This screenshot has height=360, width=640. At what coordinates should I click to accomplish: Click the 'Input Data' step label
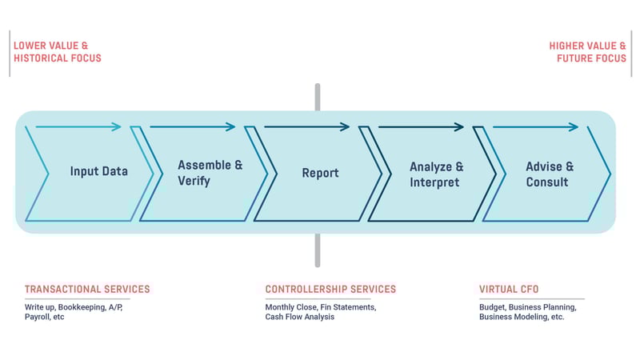(x=98, y=172)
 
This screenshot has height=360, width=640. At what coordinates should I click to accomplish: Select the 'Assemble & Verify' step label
(x=210, y=173)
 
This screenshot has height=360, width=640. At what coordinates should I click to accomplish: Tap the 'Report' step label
(x=320, y=173)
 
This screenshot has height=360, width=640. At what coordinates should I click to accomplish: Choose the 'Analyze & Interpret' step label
(x=436, y=174)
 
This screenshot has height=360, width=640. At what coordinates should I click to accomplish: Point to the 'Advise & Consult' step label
(x=549, y=174)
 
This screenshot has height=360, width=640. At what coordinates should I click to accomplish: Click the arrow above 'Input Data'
(x=78, y=126)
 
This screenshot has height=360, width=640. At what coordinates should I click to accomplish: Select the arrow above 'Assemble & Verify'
(x=193, y=126)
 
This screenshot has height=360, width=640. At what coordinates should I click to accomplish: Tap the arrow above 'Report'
(x=307, y=126)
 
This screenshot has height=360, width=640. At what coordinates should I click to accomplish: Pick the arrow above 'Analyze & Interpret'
(x=422, y=126)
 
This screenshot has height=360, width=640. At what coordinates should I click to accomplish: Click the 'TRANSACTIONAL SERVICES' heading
(x=87, y=290)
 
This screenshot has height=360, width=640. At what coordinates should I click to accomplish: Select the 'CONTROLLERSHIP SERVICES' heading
(x=330, y=290)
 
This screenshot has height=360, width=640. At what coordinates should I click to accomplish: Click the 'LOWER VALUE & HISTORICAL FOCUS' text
(x=58, y=52)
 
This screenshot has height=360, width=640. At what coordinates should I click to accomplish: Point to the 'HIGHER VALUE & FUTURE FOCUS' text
(x=587, y=52)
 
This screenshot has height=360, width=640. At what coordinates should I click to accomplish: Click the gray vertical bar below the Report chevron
(x=318, y=250)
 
